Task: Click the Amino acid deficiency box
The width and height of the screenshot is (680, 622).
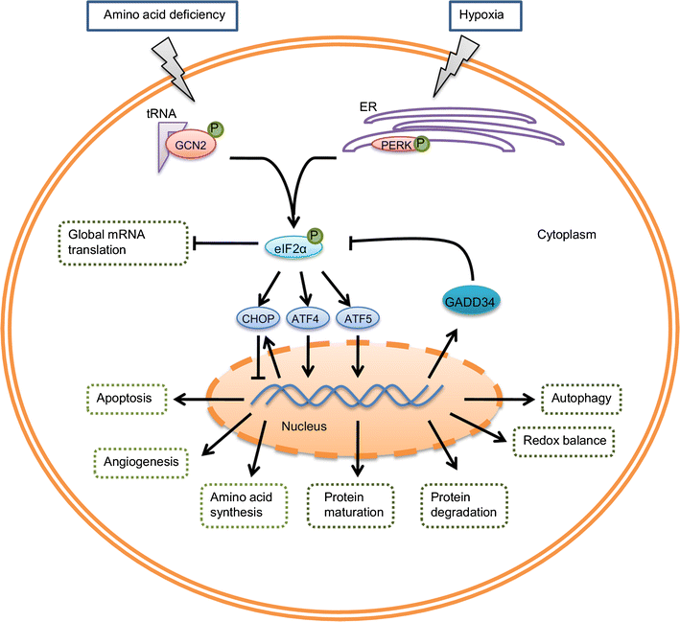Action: [x=162, y=15]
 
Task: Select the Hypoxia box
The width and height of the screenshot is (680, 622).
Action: [x=485, y=15]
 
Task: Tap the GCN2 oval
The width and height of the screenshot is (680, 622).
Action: [x=191, y=145]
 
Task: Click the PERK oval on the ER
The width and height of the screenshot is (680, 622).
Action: [x=395, y=146]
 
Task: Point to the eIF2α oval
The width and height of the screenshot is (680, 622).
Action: [x=292, y=248]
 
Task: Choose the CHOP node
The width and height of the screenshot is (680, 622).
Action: [x=258, y=319]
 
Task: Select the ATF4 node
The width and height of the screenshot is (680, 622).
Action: [x=305, y=319]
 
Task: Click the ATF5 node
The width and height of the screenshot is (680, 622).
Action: [x=358, y=319]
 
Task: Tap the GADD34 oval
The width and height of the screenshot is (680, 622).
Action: [x=470, y=301]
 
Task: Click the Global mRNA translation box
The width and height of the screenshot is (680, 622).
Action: [x=123, y=242]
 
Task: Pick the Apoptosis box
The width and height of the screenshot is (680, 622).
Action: [x=127, y=399]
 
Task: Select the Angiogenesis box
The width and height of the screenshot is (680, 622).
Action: [x=141, y=463]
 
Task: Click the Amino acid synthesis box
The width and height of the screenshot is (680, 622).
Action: [x=245, y=505]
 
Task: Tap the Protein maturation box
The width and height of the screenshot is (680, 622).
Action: [x=351, y=505]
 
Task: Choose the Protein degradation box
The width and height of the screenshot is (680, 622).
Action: [x=464, y=505]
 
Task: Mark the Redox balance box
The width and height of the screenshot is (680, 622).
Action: [x=564, y=441]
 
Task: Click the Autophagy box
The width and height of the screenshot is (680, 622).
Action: [x=581, y=399]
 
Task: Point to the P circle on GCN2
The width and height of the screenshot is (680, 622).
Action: [x=215, y=129]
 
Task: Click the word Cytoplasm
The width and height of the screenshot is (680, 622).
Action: [x=567, y=235]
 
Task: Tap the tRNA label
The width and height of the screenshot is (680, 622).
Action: [x=161, y=113]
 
